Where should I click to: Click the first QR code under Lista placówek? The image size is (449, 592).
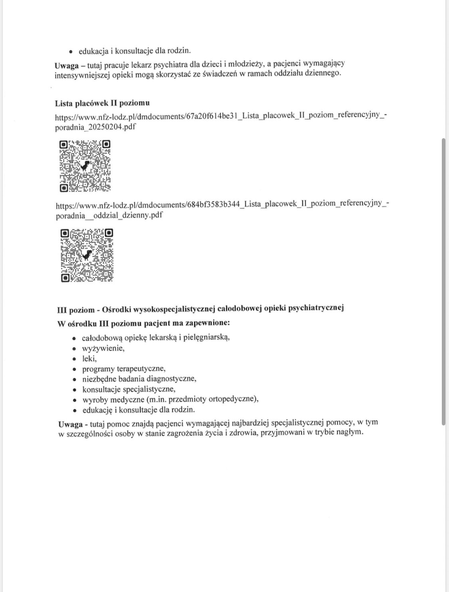coord(85,166)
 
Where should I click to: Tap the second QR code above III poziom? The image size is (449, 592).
coord(87,255)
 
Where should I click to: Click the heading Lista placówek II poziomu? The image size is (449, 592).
coord(102,103)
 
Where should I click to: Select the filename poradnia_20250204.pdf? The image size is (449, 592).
coord(95,127)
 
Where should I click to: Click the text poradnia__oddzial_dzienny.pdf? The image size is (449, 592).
coord(109,215)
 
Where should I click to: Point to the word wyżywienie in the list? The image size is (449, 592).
coord(103,348)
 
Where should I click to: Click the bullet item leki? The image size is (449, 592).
coord(89,358)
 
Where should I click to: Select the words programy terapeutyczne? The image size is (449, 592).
coord(123,369)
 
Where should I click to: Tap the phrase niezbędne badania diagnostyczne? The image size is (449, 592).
coord(139,379)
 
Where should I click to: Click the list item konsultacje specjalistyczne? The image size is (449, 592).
coord(129,389)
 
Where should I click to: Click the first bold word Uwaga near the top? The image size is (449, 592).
coord(67,66)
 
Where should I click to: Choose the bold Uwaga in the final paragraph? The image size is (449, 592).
coord(70,424)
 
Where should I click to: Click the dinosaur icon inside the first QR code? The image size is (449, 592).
coord(85,166)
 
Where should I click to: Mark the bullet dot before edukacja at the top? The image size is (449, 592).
coord(71,51)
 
